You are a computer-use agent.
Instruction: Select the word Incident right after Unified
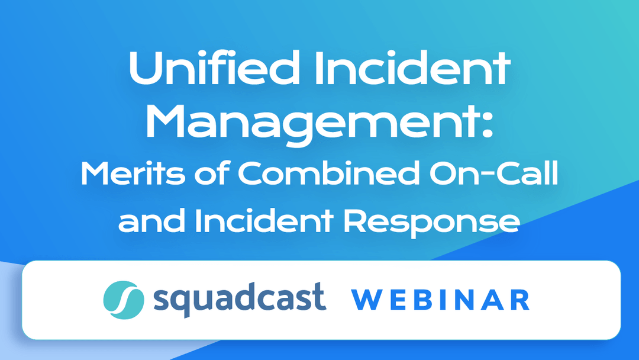pyautogui.click(x=417, y=69)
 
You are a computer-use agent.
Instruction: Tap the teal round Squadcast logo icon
pyautogui.click(x=123, y=298)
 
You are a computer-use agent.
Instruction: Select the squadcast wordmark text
pyautogui.click(x=239, y=298)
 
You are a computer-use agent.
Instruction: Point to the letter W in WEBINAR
pyautogui.click(x=366, y=300)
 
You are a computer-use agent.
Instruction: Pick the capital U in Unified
pyautogui.click(x=144, y=69)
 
